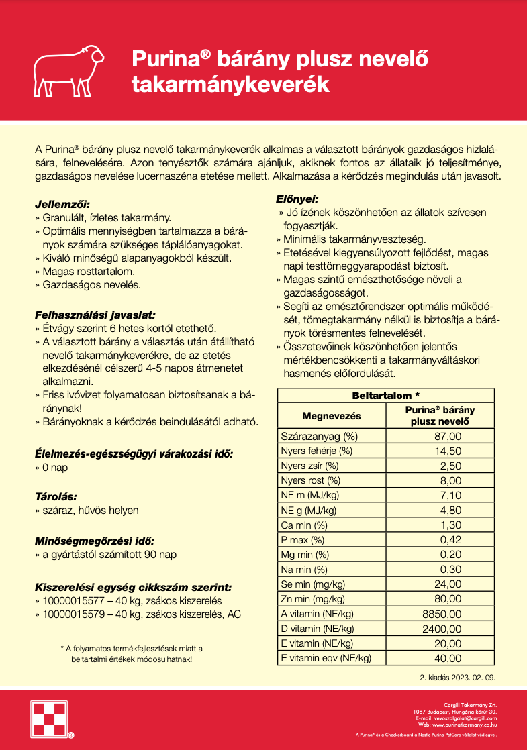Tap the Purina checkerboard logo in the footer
click(52, 718)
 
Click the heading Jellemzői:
click(62, 204)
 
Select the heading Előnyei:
click(297, 199)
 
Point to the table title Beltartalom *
click(386, 396)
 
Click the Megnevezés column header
click(332, 415)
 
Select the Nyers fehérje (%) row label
click(316, 451)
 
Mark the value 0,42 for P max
click(450, 539)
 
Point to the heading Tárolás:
click(56, 498)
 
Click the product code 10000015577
click(70, 601)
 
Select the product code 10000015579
click(70, 614)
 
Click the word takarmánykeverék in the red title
click(230, 84)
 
